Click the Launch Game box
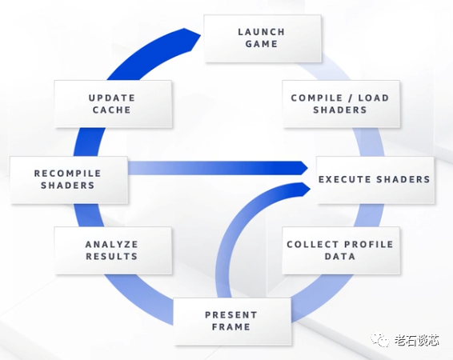click(x=263, y=38)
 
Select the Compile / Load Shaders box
click(x=341, y=104)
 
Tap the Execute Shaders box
click(x=375, y=180)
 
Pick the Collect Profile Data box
click(x=341, y=250)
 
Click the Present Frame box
click(x=232, y=322)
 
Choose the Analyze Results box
click(x=113, y=250)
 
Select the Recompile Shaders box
click(x=69, y=180)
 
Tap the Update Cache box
click(x=113, y=104)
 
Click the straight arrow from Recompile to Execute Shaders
click(x=218, y=168)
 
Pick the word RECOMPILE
click(x=67, y=174)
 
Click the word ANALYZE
click(x=111, y=244)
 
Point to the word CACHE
click(x=111, y=110)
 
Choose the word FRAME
click(x=231, y=327)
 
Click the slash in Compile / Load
click(x=350, y=98)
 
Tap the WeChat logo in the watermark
click(x=380, y=340)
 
